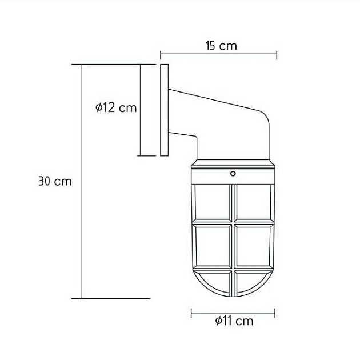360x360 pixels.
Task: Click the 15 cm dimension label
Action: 221,46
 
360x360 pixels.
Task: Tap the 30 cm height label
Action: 55,181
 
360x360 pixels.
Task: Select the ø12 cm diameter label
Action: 116,107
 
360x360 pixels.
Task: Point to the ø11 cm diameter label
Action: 234,321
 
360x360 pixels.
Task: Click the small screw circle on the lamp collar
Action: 233,174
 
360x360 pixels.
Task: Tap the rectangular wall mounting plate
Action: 165,110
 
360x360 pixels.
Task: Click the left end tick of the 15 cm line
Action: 161,54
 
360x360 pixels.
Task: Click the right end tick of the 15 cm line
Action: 277,54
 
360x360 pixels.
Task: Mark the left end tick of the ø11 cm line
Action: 191,313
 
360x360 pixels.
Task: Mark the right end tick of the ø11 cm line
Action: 275,313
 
